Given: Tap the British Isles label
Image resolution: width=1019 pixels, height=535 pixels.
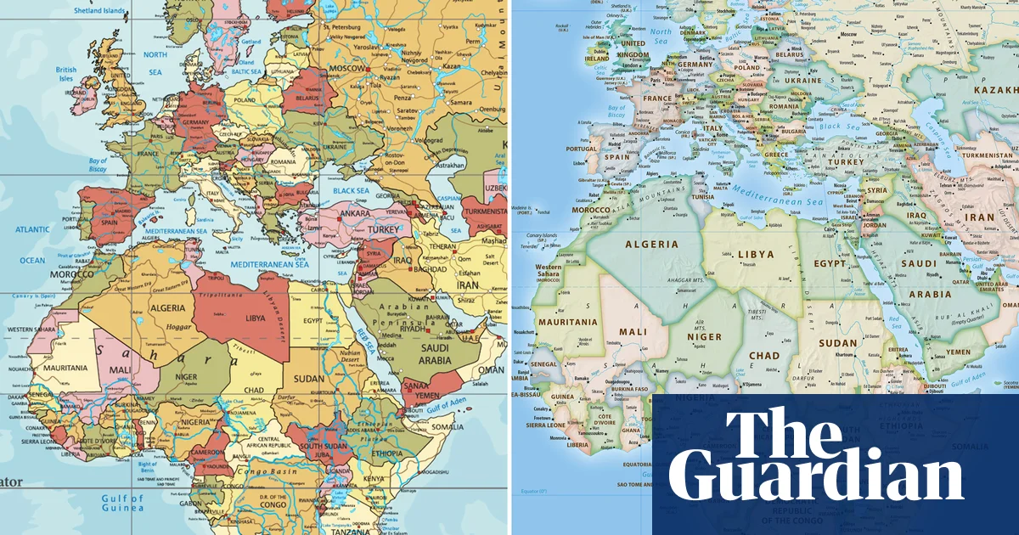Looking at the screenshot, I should click(66, 76).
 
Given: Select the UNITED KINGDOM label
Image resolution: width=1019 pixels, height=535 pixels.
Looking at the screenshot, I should click(633, 49).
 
